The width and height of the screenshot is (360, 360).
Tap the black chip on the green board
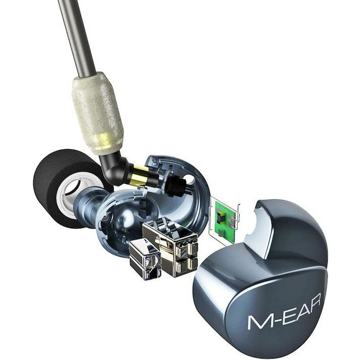click(222, 217)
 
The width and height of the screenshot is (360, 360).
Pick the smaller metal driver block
click(145, 259)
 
